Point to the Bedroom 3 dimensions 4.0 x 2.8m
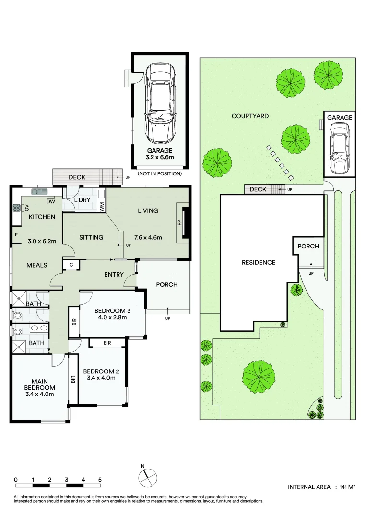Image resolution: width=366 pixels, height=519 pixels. pyautogui.click(x=112, y=317)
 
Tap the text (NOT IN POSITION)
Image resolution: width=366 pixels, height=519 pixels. pyautogui.click(x=160, y=173)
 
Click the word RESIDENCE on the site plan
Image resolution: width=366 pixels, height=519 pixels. pyautogui.click(x=258, y=262)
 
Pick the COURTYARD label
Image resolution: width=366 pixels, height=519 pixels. pyautogui.click(x=250, y=116)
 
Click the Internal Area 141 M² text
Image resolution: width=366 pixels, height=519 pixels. pyautogui.click(x=321, y=487)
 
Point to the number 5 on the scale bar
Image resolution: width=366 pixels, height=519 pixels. pyautogui.click(x=100, y=480)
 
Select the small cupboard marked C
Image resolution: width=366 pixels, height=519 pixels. pyautogui.click(x=71, y=264)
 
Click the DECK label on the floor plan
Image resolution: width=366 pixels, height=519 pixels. pyautogui.click(x=77, y=177)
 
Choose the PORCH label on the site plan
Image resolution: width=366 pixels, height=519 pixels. pyautogui.click(x=308, y=246)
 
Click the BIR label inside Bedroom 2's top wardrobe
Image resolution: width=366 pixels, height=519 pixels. pyautogui.click(x=107, y=343)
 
